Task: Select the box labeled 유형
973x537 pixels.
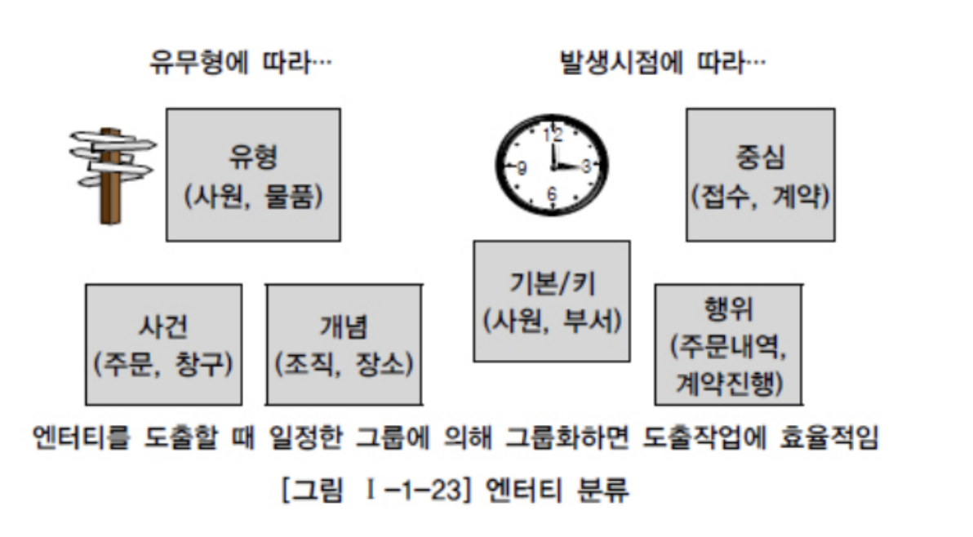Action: pyautogui.click(x=253, y=175)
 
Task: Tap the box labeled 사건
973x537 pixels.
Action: pyautogui.click(x=163, y=344)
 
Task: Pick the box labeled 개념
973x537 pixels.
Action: pyautogui.click(x=344, y=344)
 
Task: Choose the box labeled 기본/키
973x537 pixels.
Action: pyautogui.click(x=552, y=300)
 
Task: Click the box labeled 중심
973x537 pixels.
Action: pyautogui.click(x=760, y=175)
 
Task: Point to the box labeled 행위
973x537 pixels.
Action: pyautogui.click(x=728, y=344)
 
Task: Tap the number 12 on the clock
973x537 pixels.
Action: pyautogui.click(x=553, y=137)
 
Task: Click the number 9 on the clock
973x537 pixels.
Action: pyautogui.click(x=522, y=168)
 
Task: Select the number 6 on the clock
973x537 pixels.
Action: pyautogui.click(x=553, y=195)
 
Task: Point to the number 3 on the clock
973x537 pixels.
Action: pyautogui.click(x=585, y=167)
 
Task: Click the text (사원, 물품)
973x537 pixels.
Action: pyautogui.click(x=253, y=197)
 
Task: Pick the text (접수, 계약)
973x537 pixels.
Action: pyautogui.click(x=760, y=197)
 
